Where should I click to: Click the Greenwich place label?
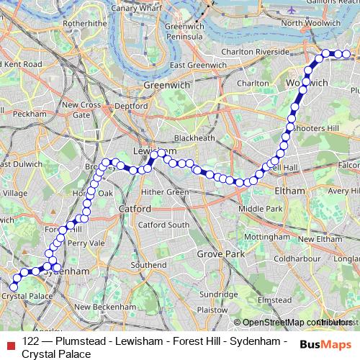point(166,84)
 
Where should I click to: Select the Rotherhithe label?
point(84,23)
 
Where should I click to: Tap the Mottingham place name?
point(266,236)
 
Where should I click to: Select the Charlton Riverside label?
point(256,52)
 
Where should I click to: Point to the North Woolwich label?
point(310,23)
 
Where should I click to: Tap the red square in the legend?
point(9,343)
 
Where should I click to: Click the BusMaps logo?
point(327,343)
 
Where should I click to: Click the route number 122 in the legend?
point(30,341)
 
